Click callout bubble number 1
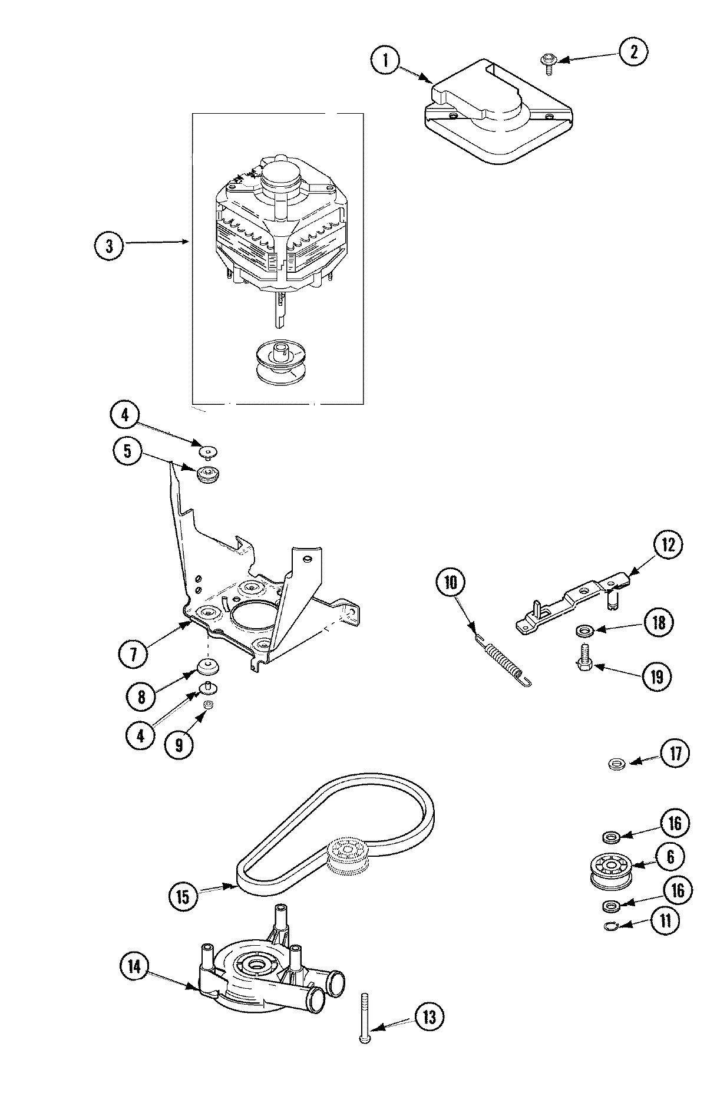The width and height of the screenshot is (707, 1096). pos(385,61)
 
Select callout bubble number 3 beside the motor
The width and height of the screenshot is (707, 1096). pos(109,246)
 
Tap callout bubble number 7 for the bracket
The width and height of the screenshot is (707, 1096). pos(133,655)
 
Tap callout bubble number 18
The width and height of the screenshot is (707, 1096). pos(659,623)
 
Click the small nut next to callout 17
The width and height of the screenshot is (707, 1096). pos(616,764)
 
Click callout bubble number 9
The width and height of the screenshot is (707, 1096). pos(179,745)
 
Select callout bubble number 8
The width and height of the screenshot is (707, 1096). pos(141,696)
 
